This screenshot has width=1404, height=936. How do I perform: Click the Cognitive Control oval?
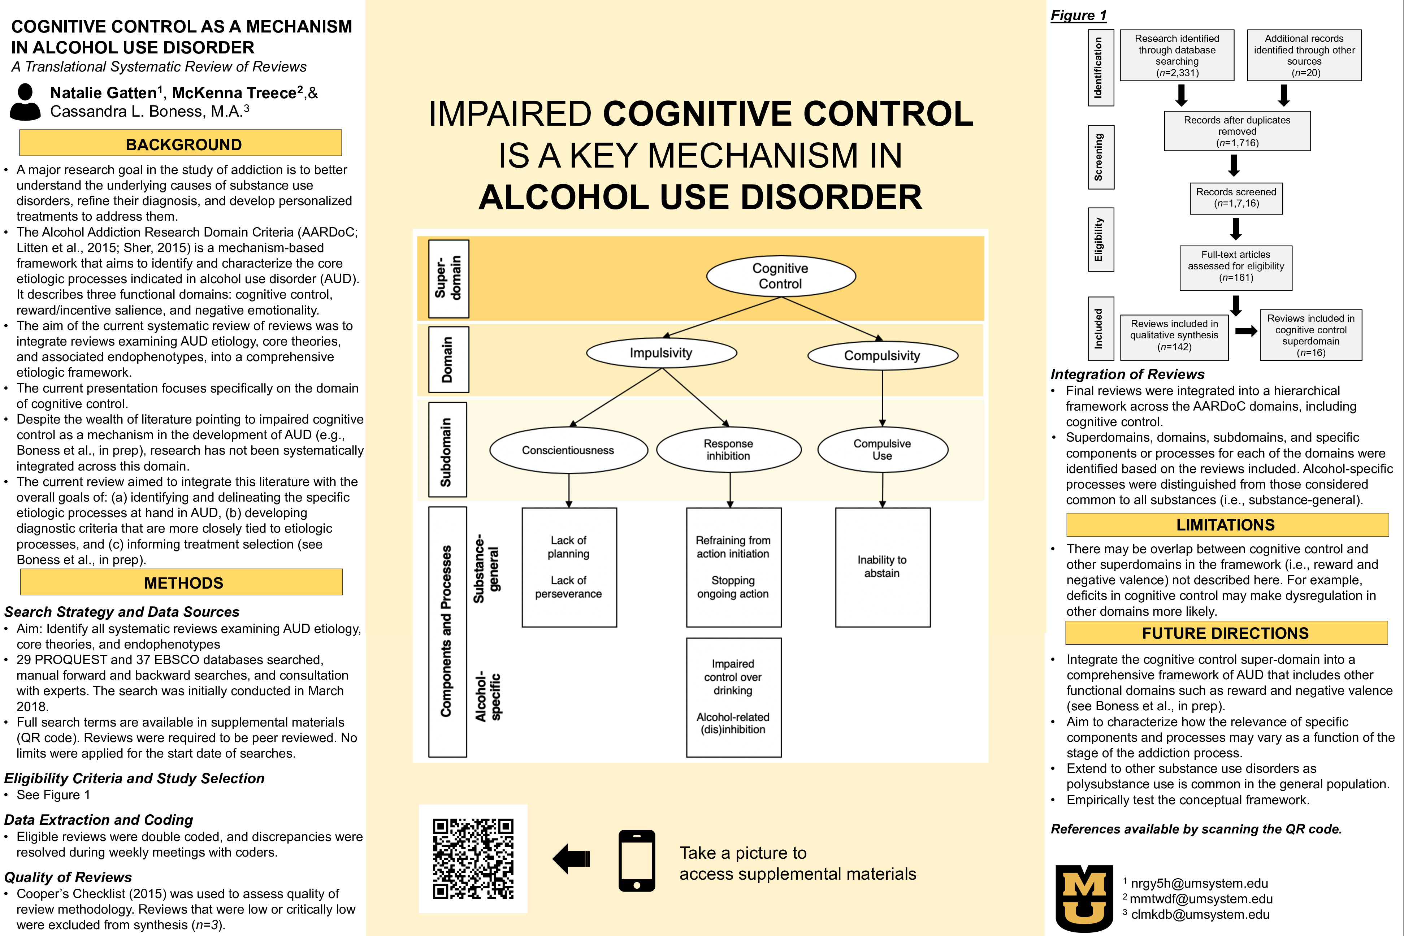781,276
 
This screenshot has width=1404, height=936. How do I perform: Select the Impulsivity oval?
662,353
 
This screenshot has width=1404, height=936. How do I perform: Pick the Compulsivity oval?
882,356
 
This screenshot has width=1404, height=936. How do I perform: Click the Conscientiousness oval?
568,450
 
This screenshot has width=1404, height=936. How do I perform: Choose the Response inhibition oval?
728,450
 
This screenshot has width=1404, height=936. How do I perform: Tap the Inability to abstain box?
882,567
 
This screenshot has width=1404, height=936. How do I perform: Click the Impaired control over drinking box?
734,697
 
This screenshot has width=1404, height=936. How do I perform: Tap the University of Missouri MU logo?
1084,897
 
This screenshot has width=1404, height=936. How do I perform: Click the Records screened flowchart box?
1236,198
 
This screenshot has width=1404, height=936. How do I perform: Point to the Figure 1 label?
1078,16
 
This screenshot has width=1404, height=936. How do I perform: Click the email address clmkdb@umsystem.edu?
1200,914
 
